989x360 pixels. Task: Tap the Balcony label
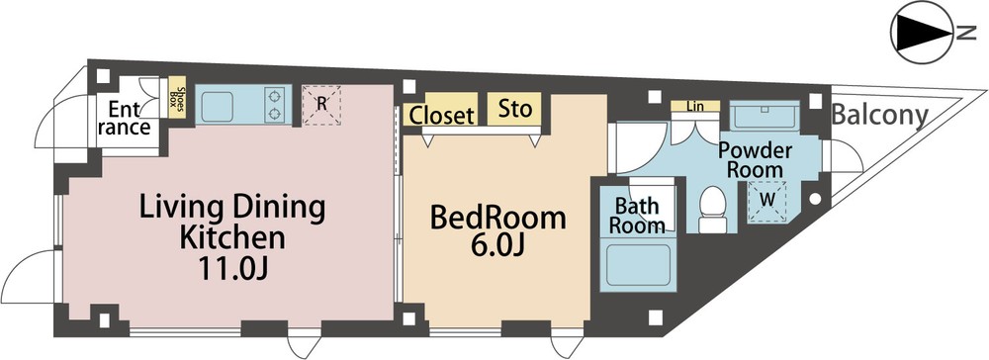(880, 116)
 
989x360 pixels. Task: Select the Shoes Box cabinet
(177, 101)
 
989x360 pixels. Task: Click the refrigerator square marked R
(321, 105)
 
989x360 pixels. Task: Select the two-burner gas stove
(275, 105)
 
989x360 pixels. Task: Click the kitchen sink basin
(218, 105)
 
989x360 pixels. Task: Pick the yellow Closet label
(441, 114)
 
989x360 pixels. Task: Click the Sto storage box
(513, 108)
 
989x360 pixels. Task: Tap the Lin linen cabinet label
(695, 107)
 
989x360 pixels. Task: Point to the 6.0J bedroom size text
(497, 246)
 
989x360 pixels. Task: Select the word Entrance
(129, 118)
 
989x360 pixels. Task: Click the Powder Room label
(755, 159)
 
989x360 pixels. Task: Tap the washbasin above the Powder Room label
(764, 116)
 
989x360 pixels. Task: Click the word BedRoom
(497, 218)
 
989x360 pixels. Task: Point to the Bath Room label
(637, 215)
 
